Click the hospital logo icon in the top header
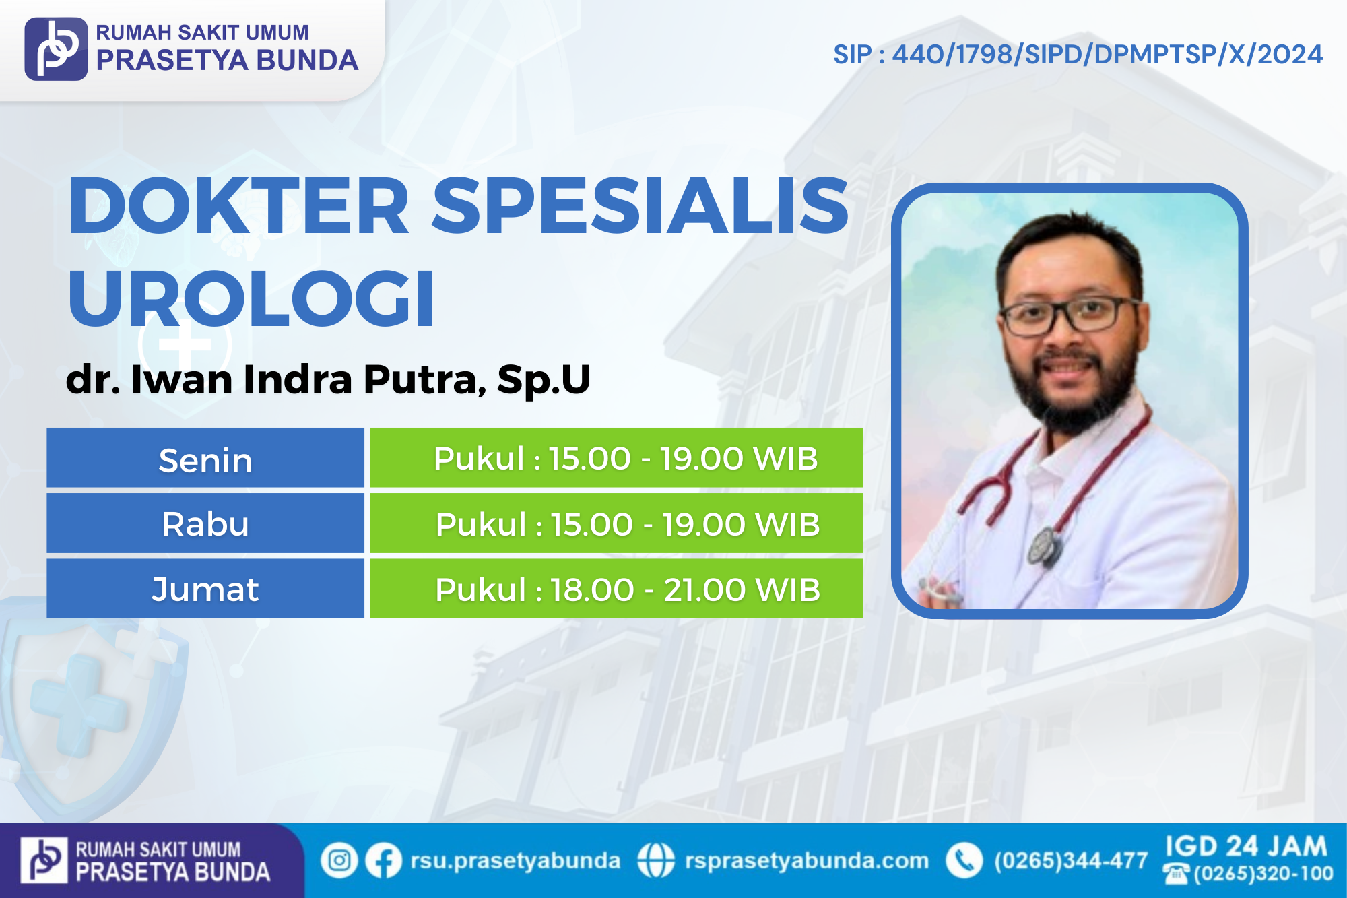[x=56, y=49]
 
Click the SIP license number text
[x=1078, y=55]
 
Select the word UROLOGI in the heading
[x=251, y=298]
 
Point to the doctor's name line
[x=328, y=379]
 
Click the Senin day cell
[x=205, y=457]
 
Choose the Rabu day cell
[x=205, y=523]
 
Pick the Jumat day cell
[x=205, y=588]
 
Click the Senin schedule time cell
[x=616, y=457]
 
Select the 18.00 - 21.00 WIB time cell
[x=616, y=588]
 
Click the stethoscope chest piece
[x=1045, y=546]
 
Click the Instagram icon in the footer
[x=339, y=860]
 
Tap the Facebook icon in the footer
[x=384, y=860]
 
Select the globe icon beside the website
[x=655, y=860]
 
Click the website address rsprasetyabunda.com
[x=807, y=860]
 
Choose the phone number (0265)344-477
[x=1071, y=860]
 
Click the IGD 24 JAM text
[x=1246, y=846]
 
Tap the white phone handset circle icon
[x=964, y=860]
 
